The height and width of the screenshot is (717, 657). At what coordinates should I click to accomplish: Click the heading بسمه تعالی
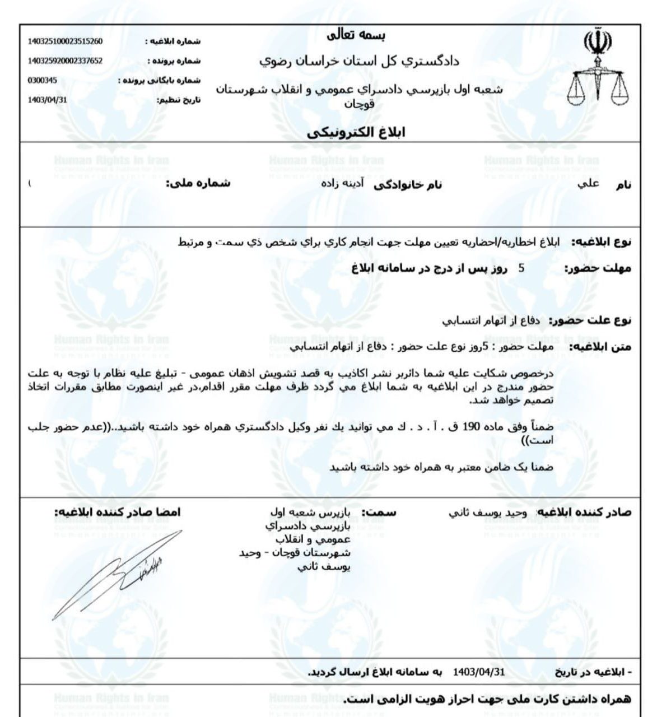point(356,35)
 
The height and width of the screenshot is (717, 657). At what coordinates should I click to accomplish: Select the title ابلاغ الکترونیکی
point(356,132)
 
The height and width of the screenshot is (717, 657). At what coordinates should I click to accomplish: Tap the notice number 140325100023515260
point(65,41)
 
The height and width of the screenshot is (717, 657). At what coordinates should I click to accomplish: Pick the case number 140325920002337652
point(65,61)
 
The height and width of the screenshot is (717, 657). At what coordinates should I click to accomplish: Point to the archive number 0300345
point(43,81)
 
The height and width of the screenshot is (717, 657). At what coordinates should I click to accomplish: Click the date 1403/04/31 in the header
point(48,100)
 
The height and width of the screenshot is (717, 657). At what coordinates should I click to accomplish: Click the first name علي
point(588,183)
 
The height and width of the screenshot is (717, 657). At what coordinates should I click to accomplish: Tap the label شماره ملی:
point(198,183)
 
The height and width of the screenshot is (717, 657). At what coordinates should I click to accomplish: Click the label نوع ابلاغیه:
point(600,242)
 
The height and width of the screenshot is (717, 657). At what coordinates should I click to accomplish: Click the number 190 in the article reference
point(468,427)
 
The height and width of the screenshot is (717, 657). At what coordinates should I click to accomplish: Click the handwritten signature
point(118,574)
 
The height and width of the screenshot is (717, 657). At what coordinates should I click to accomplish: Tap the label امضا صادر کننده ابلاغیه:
point(118,513)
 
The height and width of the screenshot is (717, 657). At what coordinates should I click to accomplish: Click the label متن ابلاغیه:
point(600,347)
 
